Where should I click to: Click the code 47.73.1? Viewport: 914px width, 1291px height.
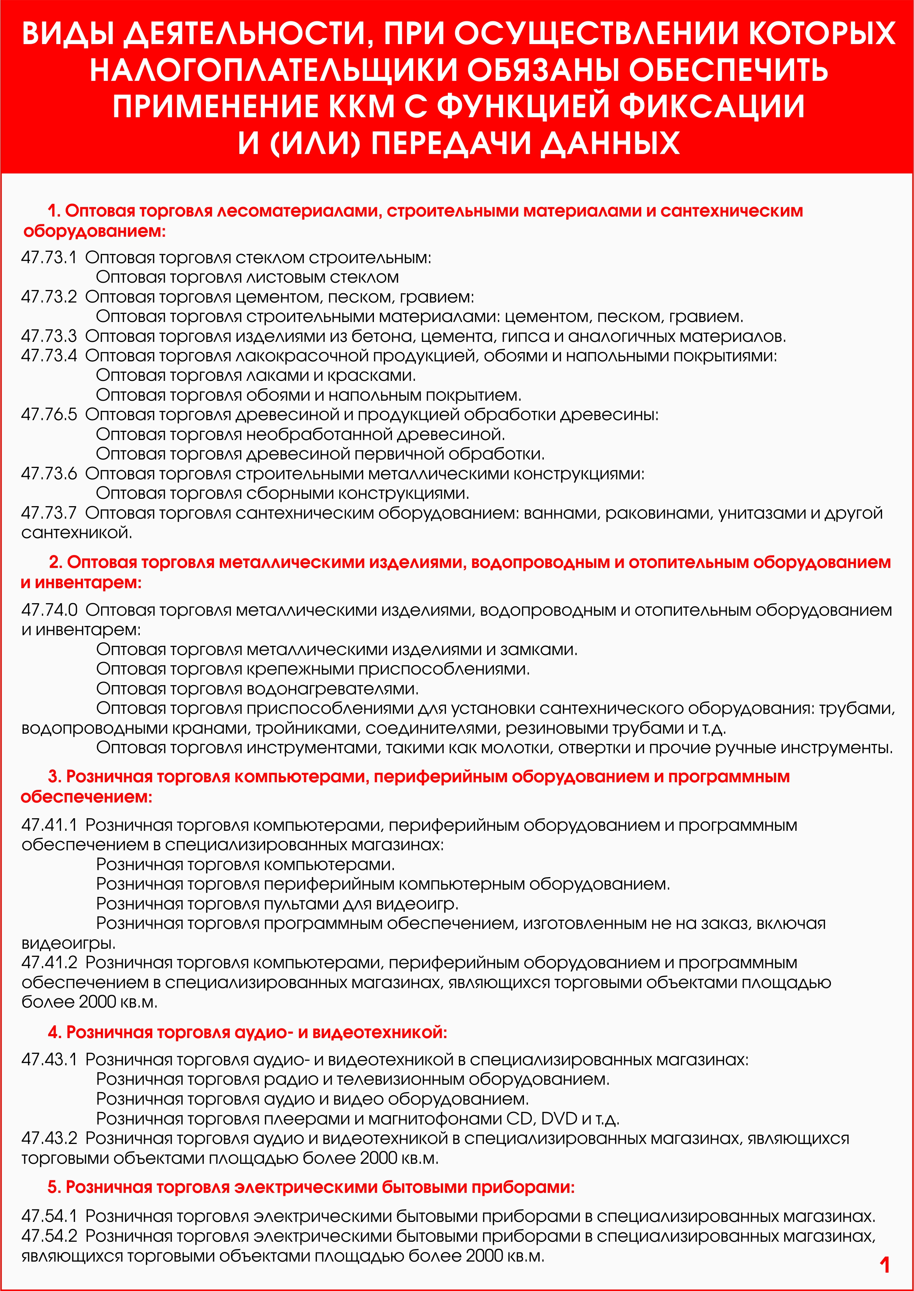click(x=49, y=258)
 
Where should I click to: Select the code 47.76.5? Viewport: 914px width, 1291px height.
click(x=49, y=415)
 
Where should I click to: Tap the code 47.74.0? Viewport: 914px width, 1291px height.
click(x=49, y=610)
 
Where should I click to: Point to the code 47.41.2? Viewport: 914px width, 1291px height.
click(x=49, y=962)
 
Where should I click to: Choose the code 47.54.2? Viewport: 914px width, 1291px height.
click(x=49, y=1236)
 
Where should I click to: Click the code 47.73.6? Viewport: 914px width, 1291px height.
click(x=49, y=474)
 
